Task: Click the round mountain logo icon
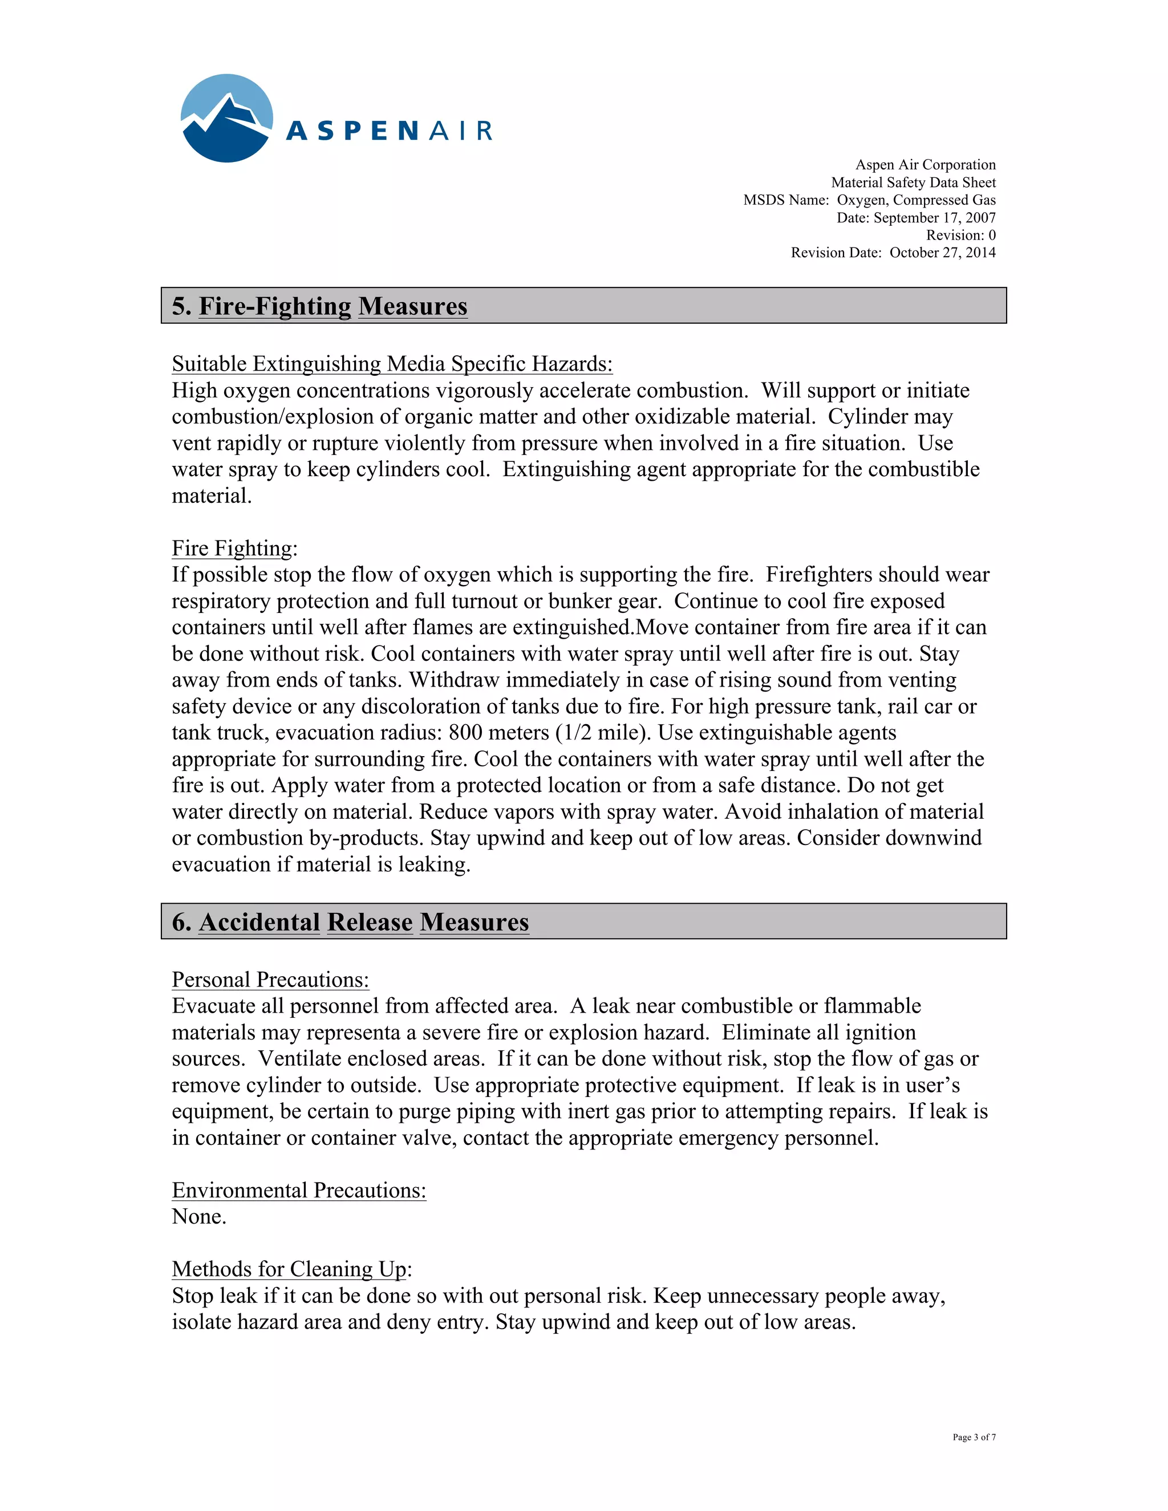point(226,118)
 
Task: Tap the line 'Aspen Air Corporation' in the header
point(925,165)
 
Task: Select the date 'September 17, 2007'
point(934,217)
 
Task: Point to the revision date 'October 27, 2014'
point(942,253)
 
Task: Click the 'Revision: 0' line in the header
point(960,235)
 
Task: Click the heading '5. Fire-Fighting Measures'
point(320,306)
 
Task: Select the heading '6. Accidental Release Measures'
point(350,921)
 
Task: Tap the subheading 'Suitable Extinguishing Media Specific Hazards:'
point(392,364)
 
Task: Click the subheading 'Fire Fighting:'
point(234,548)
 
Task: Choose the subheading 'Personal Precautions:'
point(270,980)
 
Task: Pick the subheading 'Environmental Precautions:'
point(298,1190)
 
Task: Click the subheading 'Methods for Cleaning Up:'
point(291,1269)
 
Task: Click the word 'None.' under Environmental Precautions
point(199,1216)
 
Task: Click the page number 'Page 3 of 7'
point(974,1437)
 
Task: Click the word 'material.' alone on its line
point(212,495)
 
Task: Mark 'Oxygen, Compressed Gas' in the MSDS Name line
point(916,200)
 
